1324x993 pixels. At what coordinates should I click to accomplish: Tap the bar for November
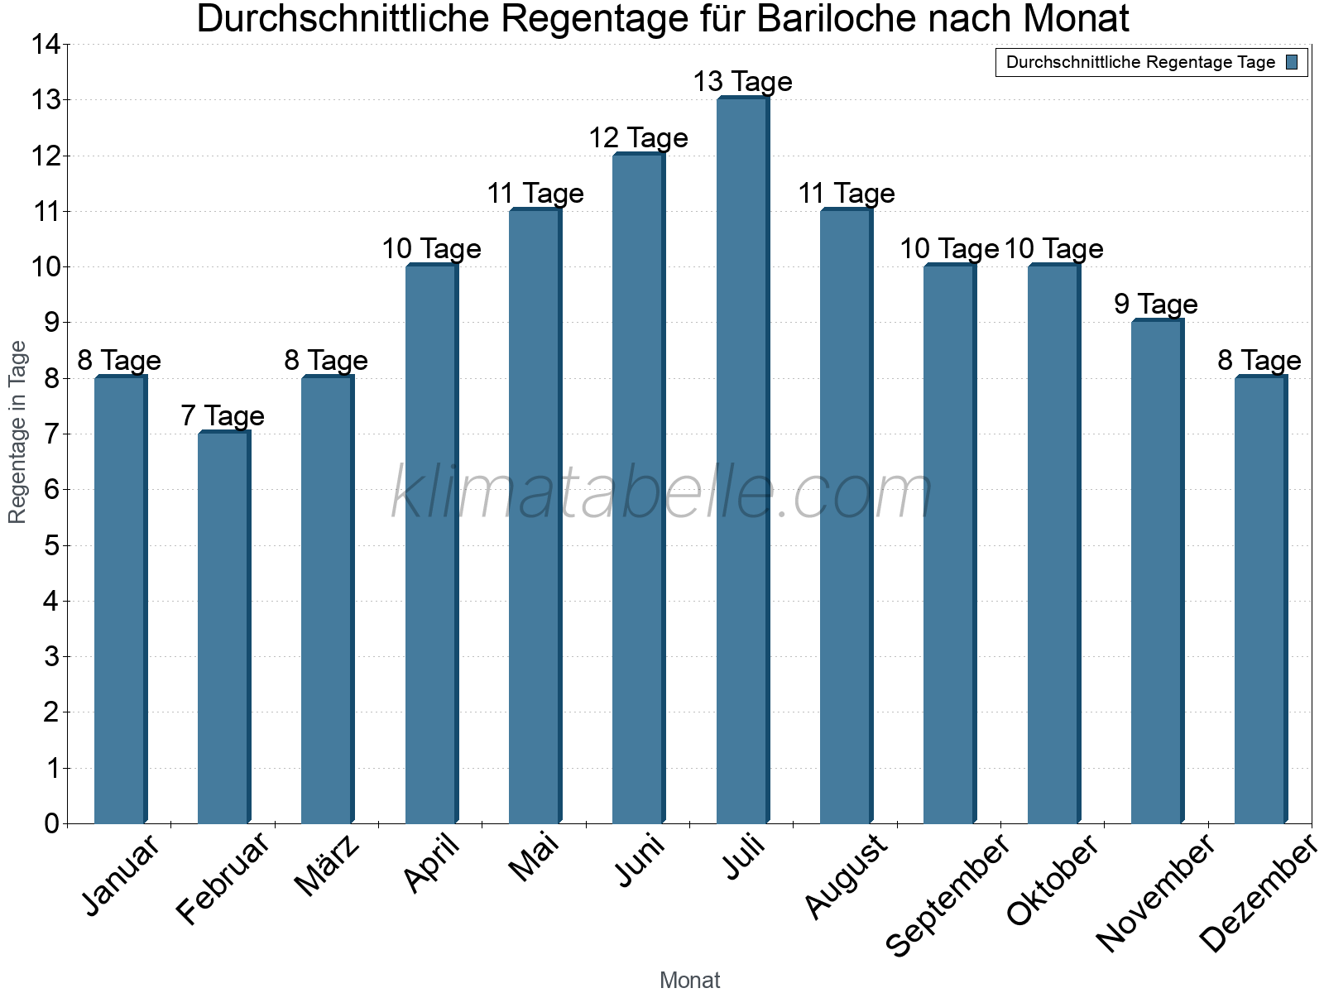[x=1157, y=571]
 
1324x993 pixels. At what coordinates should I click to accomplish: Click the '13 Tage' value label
[x=742, y=82]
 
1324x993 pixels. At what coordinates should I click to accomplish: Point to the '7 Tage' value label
[x=223, y=415]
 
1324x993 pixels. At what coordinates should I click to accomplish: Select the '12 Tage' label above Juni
[x=638, y=137]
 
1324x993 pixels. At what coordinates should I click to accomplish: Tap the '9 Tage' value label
[x=1156, y=305]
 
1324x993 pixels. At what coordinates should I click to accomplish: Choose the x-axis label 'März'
[x=328, y=866]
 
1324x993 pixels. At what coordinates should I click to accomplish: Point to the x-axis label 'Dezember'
[x=1258, y=894]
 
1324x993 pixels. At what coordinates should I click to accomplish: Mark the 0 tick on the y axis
[x=51, y=823]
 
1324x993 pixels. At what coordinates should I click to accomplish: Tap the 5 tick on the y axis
[x=51, y=545]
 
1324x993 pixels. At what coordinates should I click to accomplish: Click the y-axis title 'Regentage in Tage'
[x=17, y=432]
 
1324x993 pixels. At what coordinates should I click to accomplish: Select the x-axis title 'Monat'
[x=689, y=980]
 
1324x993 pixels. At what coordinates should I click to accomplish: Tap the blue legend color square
[x=1292, y=62]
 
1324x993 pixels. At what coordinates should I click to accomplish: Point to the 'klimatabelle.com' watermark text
[x=662, y=492]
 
